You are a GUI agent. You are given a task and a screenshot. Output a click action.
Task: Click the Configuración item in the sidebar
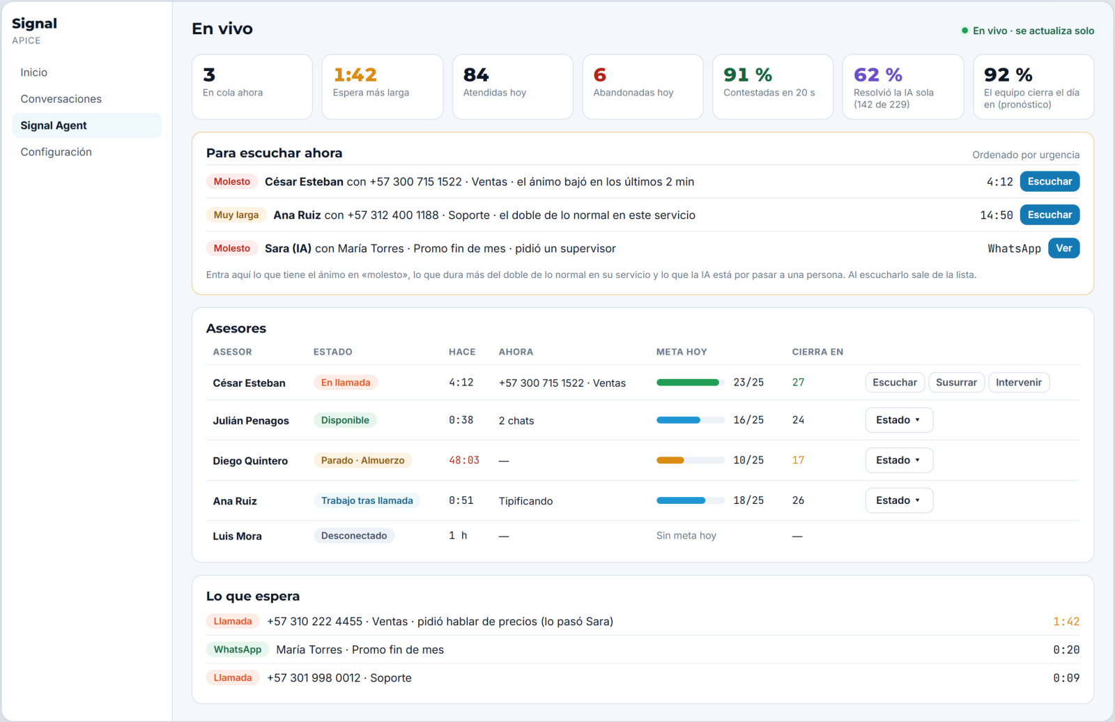pos(56,152)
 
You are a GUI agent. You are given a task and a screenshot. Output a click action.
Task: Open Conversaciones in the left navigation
pos(61,98)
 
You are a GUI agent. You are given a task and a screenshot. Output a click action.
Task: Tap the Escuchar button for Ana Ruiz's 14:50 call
pos(1049,215)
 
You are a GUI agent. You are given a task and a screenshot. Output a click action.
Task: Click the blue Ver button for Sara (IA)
pos(1063,248)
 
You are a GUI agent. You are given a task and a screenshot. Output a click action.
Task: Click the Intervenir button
pos(1018,383)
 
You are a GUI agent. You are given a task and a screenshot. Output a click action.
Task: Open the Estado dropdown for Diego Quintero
pos(899,460)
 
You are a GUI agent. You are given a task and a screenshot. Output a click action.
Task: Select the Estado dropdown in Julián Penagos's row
pos(899,420)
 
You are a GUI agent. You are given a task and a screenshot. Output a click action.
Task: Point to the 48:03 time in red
pos(464,460)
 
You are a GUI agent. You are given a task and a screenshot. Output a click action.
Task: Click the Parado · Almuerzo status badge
pos(362,460)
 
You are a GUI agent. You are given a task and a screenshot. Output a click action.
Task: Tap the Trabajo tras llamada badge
pos(367,500)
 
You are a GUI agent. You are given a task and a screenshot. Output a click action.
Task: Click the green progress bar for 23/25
pos(687,383)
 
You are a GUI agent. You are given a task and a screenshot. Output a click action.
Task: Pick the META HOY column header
pos(682,351)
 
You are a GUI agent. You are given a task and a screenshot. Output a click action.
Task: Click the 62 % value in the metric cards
pos(877,75)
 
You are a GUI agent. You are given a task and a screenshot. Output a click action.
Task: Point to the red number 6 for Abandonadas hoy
pos(600,75)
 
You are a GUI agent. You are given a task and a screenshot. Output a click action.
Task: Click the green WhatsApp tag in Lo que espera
pos(238,650)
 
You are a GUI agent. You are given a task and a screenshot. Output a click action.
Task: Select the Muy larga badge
pos(236,215)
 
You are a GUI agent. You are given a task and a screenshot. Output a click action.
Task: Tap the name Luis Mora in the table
pos(237,536)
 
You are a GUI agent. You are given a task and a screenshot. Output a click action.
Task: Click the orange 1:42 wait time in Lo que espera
pos(1066,622)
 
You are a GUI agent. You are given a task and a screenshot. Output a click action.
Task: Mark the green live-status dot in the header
pos(964,31)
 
